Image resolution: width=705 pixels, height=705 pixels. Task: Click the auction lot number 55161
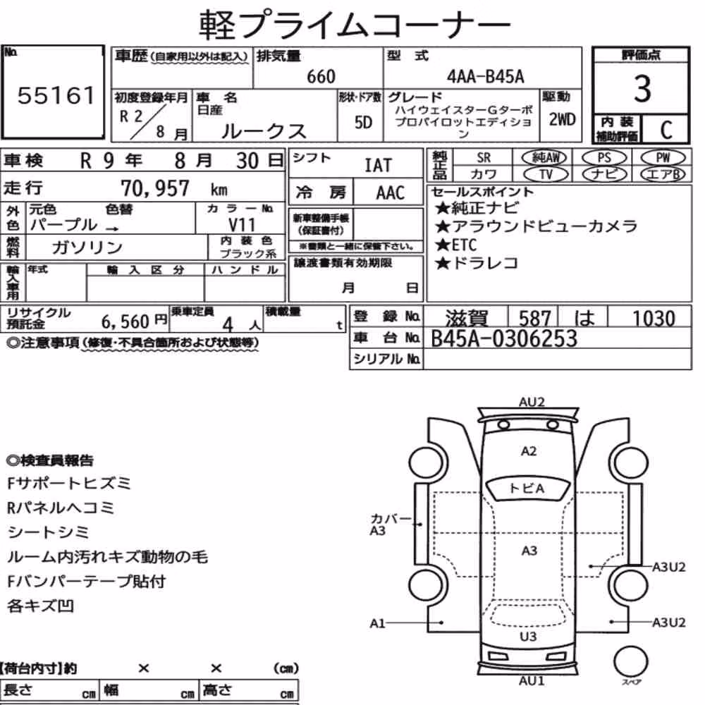(56, 95)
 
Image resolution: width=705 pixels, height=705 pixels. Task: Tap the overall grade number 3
(642, 89)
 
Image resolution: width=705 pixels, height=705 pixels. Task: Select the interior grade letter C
(666, 130)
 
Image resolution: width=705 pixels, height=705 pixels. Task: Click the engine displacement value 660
(321, 76)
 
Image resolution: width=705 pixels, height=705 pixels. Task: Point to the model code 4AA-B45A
(485, 76)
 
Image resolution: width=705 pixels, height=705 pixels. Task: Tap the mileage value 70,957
(155, 188)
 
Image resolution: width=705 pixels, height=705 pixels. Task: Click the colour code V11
(241, 224)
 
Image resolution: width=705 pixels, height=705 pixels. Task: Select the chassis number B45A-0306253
(503, 338)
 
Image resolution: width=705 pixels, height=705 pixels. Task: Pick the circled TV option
(546, 174)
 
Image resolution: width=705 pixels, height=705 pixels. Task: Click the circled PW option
(663, 158)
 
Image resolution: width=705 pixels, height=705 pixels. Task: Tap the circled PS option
(604, 158)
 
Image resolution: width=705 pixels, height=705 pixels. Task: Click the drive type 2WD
(562, 120)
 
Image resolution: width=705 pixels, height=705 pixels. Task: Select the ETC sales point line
(455, 245)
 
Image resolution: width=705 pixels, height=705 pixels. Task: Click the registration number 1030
(654, 319)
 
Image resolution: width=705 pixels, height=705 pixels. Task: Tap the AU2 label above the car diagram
(532, 402)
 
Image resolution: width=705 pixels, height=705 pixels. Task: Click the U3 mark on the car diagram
(528, 637)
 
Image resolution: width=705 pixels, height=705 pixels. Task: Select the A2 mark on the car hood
(529, 451)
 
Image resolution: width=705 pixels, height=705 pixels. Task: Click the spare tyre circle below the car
(630, 662)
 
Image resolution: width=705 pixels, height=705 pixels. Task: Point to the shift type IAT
(378, 166)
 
